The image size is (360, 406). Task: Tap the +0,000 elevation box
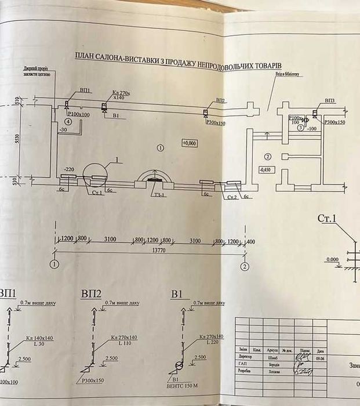189,142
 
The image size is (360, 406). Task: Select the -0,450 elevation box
266,170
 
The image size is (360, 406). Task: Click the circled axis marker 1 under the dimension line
54,266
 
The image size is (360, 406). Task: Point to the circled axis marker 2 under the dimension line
245,266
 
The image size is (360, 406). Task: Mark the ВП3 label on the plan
330,101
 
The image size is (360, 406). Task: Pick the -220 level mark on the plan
69,168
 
